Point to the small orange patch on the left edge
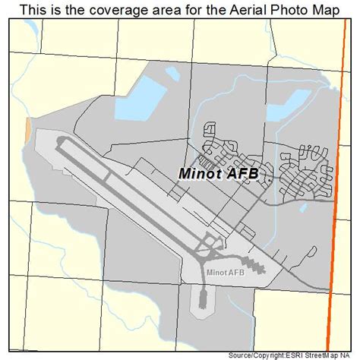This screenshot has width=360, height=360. click(29, 128)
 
